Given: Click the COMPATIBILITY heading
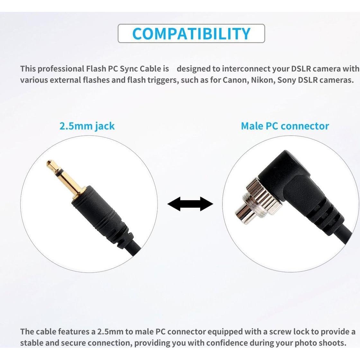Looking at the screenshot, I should [191, 33].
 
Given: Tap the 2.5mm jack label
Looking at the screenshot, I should [87, 126].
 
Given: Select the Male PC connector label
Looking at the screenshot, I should [285, 126].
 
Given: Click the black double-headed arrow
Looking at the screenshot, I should [190, 204].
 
